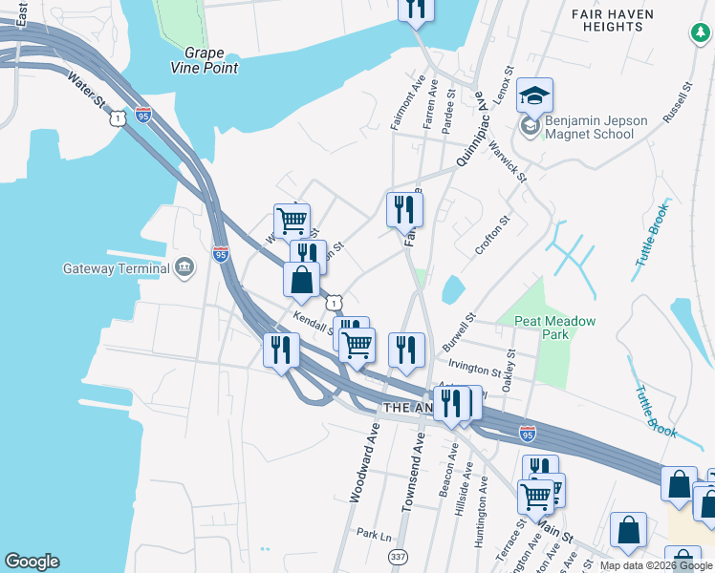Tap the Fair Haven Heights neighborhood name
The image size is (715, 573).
click(619, 20)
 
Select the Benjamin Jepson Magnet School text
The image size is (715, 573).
click(596, 127)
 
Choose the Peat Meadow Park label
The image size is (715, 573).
click(554, 328)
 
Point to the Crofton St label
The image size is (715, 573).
click(493, 234)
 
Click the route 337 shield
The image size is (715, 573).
click(399, 556)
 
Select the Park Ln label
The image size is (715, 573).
click(374, 534)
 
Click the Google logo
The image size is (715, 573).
click(32, 562)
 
